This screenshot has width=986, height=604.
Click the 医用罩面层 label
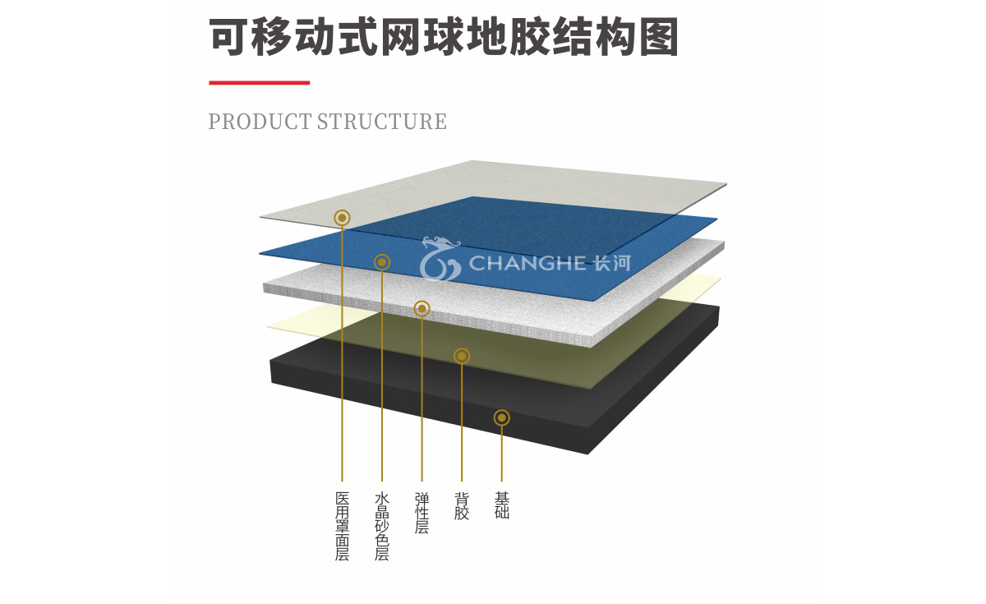point(342,527)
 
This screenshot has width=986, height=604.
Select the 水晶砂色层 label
point(381,527)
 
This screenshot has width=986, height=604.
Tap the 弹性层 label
point(422,513)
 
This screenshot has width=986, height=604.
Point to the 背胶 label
point(462,506)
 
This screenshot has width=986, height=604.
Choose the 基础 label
point(502,506)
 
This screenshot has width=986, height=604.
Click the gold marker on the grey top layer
point(342,218)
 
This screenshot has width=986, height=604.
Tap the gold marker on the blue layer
point(381,262)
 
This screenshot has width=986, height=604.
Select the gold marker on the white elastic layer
point(422,309)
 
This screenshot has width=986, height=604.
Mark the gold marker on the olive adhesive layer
point(462,356)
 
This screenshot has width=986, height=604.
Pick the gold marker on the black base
point(502,417)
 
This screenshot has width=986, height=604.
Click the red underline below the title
point(260,82)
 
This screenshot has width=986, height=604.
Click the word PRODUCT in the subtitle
point(260,122)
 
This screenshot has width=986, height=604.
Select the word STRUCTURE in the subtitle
point(382,122)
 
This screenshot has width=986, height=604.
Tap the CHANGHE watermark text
point(528,263)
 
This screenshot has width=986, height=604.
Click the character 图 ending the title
point(658,37)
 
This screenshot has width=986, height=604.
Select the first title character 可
point(228,37)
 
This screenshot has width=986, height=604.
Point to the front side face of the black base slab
point(429,408)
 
